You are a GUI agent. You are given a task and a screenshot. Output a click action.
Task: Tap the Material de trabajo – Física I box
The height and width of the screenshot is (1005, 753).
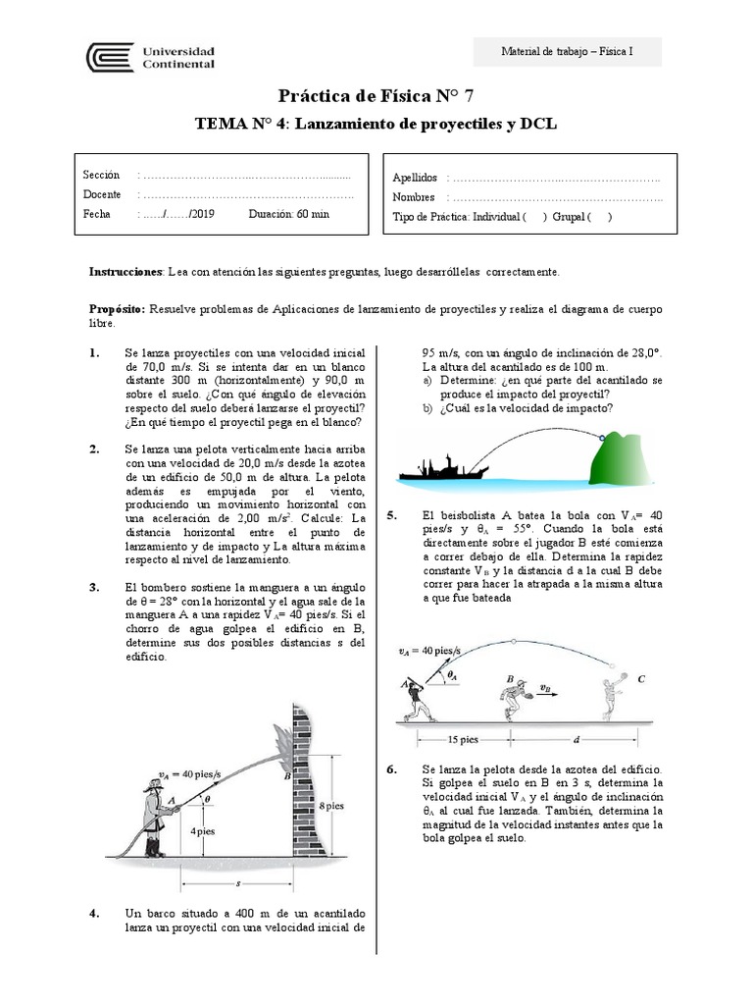click(567, 51)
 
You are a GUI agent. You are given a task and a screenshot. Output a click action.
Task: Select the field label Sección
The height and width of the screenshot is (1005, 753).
click(102, 175)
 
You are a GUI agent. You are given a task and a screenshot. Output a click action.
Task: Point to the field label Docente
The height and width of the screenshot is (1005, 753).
click(103, 194)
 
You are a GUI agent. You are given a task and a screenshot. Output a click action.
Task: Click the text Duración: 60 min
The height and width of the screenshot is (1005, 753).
click(288, 214)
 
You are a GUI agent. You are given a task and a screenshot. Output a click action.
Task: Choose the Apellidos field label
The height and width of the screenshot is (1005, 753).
click(415, 178)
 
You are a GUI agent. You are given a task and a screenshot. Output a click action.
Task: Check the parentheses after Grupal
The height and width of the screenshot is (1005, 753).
click(600, 217)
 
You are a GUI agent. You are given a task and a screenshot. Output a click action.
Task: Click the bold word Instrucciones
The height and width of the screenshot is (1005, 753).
click(125, 270)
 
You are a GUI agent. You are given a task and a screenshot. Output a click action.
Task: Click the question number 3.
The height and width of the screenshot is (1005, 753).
click(94, 588)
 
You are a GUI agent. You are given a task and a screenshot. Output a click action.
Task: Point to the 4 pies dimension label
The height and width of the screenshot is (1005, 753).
click(204, 830)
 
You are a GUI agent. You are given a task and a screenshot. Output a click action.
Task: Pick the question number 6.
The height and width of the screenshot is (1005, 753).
click(392, 770)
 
